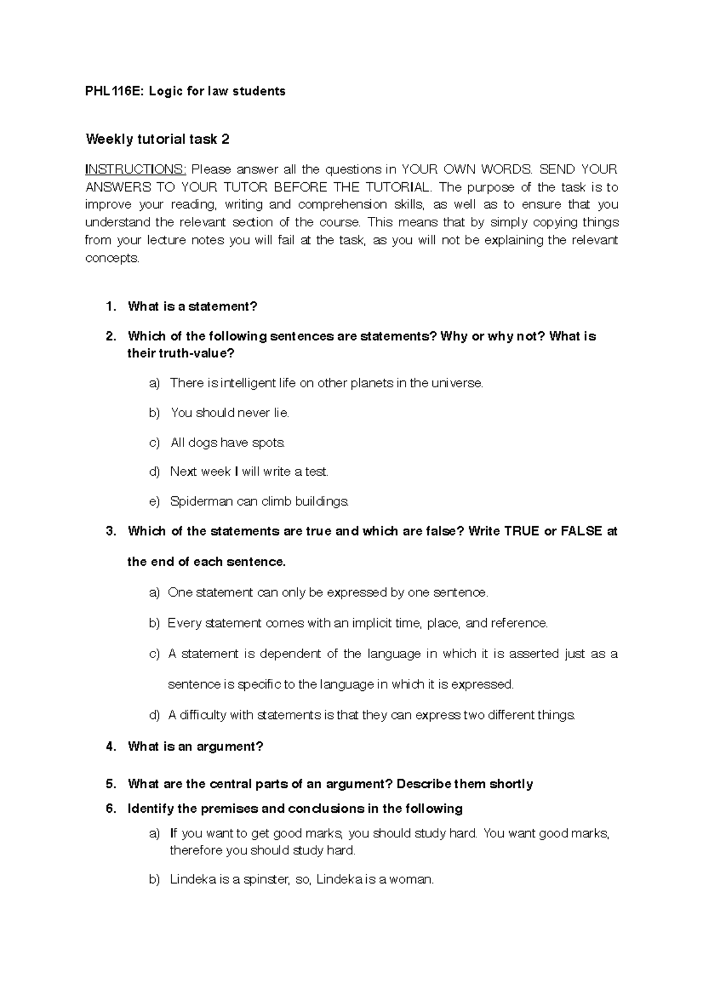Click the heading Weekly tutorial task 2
pyautogui.click(x=158, y=139)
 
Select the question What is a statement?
pyautogui.click(x=192, y=306)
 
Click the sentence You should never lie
pyautogui.click(x=230, y=413)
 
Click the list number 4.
pyautogui.click(x=110, y=747)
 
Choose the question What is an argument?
pyautogui.click(x=196, y=747)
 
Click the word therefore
pyautogui.click(x=196, y=851)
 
